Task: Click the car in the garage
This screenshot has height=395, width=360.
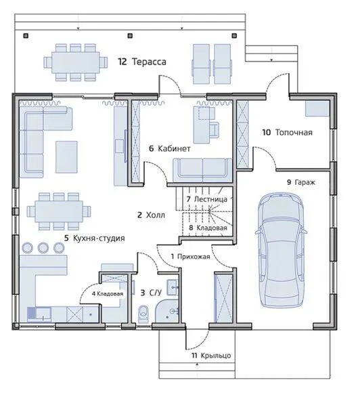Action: coord(281,251)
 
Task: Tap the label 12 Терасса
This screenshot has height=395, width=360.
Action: coord(142,62)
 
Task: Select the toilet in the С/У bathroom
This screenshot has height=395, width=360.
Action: coord(143,314)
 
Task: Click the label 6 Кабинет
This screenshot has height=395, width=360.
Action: coord(170,148)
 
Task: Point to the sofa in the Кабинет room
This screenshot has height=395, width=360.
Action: coord(202,170)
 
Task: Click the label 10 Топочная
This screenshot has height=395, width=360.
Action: coord(288,132)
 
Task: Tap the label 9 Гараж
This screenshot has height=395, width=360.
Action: coord(301,182)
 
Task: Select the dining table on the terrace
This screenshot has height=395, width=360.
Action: coord(76,62)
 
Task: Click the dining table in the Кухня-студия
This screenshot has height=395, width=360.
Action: coord(59,211)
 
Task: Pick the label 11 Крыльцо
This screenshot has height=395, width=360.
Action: coord(211,356)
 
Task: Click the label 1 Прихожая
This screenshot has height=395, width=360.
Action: coord(190,257)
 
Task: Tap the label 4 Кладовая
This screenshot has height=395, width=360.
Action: coord(108,294)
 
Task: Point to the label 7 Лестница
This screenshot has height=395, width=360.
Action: coord(207,199)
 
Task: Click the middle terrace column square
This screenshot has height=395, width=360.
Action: coord(130,36)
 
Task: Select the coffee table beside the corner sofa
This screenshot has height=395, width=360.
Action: coord(66,157)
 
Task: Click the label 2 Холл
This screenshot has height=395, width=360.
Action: coord(151,215)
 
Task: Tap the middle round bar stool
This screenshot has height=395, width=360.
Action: coord(43,247)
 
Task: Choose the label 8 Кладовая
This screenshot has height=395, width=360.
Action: coord(208,228)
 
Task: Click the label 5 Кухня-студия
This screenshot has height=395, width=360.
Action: coord(94,238)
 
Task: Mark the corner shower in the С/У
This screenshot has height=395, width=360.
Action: coord(166,311)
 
